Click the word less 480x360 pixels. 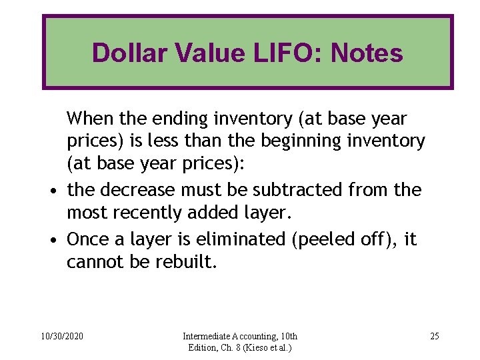(x=201, y=141)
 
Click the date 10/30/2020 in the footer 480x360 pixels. (x=61, y=336)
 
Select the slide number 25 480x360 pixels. (x=435, y=336)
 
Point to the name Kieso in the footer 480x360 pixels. (x=257, y=347)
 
